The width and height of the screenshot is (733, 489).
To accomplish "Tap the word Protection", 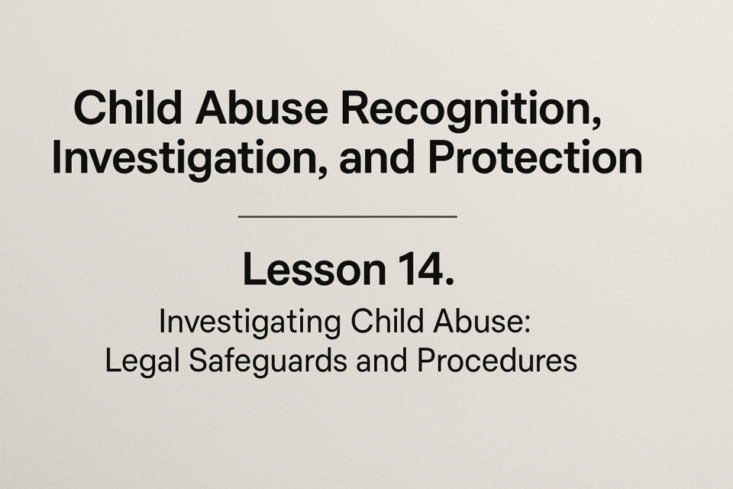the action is click(x=535, y=157).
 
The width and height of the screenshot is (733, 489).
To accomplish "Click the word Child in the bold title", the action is click(x=128, y=107).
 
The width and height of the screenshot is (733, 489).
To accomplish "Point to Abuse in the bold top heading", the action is click(x=261, y=108).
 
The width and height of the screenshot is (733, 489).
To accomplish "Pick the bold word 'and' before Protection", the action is click(x=376, y=157).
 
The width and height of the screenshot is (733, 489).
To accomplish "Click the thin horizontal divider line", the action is click(x=347, y=217).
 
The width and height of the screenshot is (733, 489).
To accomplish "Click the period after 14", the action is click(x=450, y=280).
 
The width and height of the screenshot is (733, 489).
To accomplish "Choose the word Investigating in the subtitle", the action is click(x=250, y=323).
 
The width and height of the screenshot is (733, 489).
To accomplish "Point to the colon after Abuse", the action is click(x=527, y=325).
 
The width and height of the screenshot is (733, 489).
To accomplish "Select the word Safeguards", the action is click(x=268, y=361).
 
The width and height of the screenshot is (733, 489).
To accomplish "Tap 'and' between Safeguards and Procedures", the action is click(x=382, y=361).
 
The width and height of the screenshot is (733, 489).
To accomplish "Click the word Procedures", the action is click(x=497, y=361).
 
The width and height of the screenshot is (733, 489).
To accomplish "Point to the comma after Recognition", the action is click(x=596, y=121).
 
